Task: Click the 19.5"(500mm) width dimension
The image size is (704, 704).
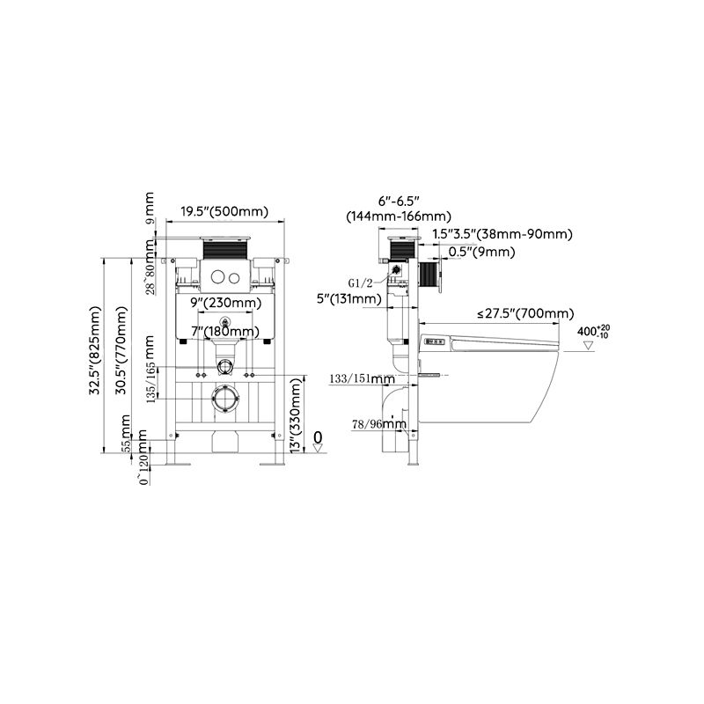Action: coord(224,211)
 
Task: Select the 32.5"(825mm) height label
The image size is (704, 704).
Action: coord(95,350)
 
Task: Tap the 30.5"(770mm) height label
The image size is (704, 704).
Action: coord(121,350)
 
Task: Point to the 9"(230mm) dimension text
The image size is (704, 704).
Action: coord(226,303)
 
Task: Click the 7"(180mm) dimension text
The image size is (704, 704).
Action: coord(225,332)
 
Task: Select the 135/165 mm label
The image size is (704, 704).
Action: coord(150,369)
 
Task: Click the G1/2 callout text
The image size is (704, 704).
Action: coord(361,283)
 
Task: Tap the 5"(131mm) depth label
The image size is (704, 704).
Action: coord(349,299)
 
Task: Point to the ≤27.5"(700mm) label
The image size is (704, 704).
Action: coord(525,313)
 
